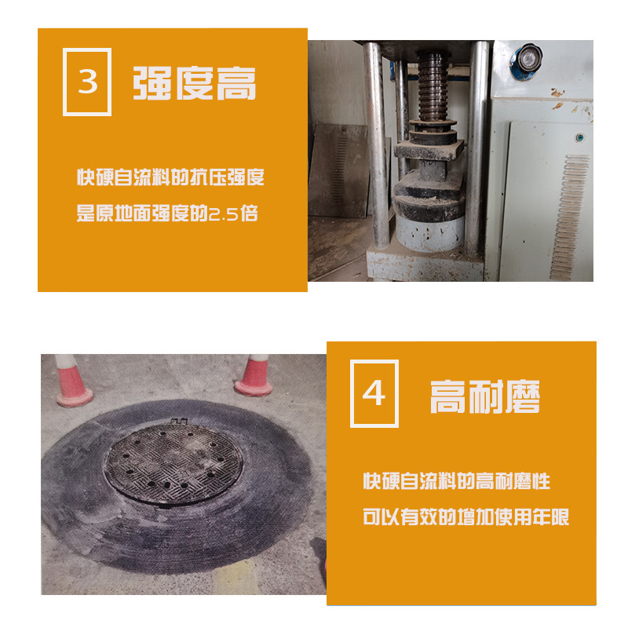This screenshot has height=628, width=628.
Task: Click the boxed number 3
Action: coord(87,82)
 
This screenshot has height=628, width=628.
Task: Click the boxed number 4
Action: coord(374,394)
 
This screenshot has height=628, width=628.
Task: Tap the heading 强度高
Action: coord(194,83)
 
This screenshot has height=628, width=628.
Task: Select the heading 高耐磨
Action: coord(485,396)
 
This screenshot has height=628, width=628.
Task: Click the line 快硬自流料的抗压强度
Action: coord(170,177)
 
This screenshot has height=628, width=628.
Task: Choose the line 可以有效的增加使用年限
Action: coord(466,517)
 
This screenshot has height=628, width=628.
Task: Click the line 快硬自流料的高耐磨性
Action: coord(457,481)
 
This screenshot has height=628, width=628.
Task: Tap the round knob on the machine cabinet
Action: coord(528,58)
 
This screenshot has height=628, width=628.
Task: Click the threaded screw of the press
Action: coord(433,86)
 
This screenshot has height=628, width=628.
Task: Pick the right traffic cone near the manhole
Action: coord(254,376)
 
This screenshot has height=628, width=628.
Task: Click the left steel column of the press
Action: coord(377,144)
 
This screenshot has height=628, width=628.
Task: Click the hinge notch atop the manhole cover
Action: coord(179,422)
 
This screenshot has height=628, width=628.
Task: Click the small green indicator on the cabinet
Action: coord(579,138)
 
